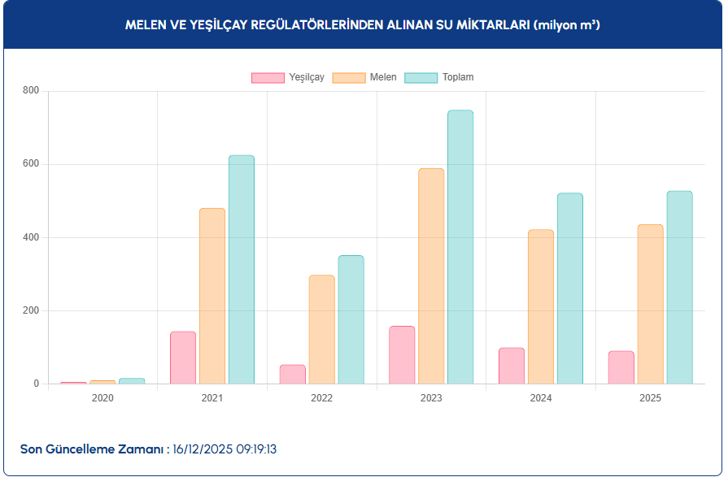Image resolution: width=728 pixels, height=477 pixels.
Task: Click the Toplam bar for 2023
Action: pyautogui.click(x=460, y=247)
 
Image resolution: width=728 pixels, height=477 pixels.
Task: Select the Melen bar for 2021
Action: pyautogui.click(x=212, y=296)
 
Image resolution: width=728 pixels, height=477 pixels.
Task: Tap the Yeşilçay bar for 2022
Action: pyautogui.click(x=293, y=375)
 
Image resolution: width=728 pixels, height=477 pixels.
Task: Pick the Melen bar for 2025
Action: pyautogui.click(x=650, y=304)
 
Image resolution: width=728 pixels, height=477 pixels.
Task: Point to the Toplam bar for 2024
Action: pyautogui.click(x=569, y=288)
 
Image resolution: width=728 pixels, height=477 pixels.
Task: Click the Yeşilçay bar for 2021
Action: pyautogui.click(x=183, y=358)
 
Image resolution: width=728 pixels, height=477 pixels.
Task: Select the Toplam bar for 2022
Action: pyautogui.click(x=351, y=319)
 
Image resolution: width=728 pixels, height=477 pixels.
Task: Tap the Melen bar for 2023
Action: pyautogui.click(x=431, y=276)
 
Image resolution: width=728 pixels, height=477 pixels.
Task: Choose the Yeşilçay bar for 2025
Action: pyautogui.click(x=621, y=367)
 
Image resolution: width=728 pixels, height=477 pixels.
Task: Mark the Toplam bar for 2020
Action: pyautogui.click(x=132, y=381)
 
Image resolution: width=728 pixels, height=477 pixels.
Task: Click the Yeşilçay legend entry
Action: pyautogui.click(x=288, y=77)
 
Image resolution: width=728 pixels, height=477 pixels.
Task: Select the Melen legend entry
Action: pyautogui.click(x=365, y=77)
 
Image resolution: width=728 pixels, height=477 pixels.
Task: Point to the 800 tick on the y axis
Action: pyautogui.click(x=31, y=90)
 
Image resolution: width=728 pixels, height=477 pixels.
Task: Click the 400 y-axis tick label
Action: pyautogui.click(x=31, y=237)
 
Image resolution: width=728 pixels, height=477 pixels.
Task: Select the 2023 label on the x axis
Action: pyautogui.click(x=431, y=398)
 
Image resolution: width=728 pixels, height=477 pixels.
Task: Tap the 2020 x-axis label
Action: pyautogui.click(x=102, y=398)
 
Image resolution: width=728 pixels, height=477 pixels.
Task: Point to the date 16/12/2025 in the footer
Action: pyautogui.click(x=203, y=449)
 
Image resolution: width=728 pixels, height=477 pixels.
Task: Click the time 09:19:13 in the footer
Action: pyautogui.click(x=257, y=449)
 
